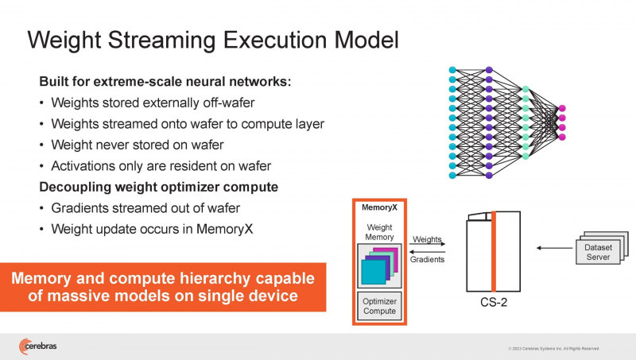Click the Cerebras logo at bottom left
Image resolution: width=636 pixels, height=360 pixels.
[x=39, y=346]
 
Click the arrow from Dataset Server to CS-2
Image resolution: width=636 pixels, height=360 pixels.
[x=549, y=248]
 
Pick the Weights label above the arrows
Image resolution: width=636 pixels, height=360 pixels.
[x=428, y=238]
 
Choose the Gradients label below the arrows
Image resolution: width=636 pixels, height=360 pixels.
[x=428, y=259]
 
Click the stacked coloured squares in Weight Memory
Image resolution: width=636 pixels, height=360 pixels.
[x=378, y=264]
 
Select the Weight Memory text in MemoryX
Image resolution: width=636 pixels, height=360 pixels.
[x=378, y=231]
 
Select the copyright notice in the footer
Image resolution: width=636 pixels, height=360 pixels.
[x=553, y=349]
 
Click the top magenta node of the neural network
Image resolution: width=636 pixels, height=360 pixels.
[x=562, y=108]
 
